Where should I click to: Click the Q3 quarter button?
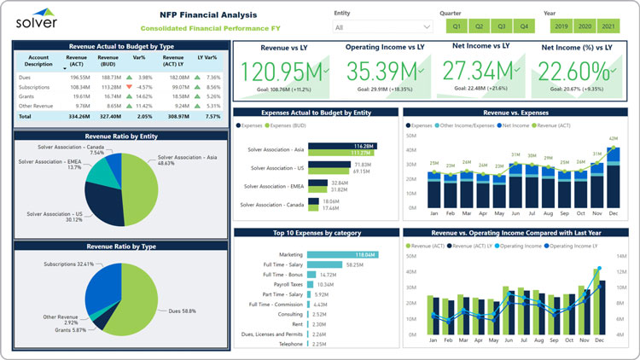click(501, 26)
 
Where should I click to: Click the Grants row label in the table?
click(26, 96)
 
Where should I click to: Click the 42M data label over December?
click(614, 138)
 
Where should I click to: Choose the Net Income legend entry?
click(514, 125)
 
